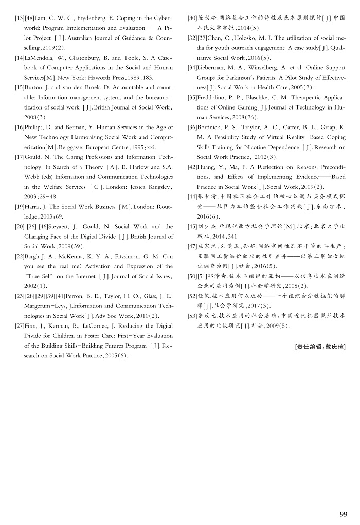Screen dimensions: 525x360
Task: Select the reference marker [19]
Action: coord(19,207)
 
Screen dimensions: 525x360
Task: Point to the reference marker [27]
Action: coord(19,325)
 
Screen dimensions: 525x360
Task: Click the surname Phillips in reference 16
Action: coord(35,127)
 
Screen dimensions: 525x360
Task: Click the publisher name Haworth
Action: coord(90,78)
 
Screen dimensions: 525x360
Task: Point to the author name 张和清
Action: coord(208,197)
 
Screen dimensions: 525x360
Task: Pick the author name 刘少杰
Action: coord(208,226)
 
